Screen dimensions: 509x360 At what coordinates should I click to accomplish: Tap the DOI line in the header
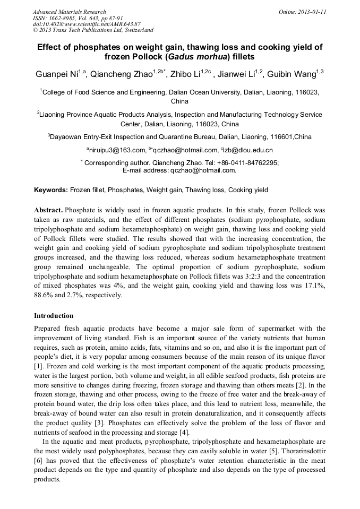tap(87, 24)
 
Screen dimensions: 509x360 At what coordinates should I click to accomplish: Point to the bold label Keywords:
tap(51, 189)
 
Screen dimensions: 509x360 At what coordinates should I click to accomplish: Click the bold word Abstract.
tap(49, 210)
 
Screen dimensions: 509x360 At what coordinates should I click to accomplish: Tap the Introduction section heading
tap(54, 316)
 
